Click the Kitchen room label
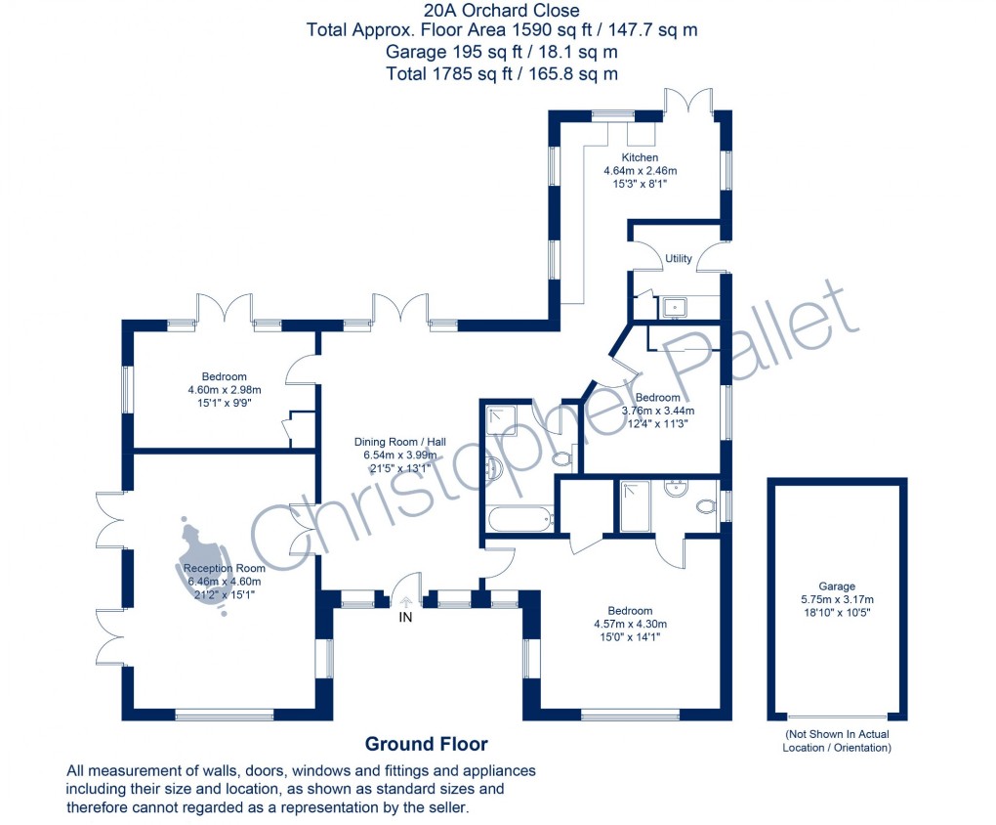(x=640, y=157)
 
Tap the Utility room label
(x=678, y=259)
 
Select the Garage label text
(x=836, y=586)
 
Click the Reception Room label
(x=224, y=568)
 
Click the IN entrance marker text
(x=405, y=617)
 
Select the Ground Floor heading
(x=426, y=744)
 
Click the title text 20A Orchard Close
(x=502, y=12)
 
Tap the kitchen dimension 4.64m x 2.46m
(x=640, y=170)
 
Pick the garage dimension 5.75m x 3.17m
(x=836, y=599)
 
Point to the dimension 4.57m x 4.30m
(x=630, y=624)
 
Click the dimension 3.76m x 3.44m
(x=657, y=411)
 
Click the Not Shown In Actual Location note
(x=836, y=741)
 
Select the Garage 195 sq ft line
(x=502, y=51)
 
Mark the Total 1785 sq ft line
(x=502, y=72)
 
